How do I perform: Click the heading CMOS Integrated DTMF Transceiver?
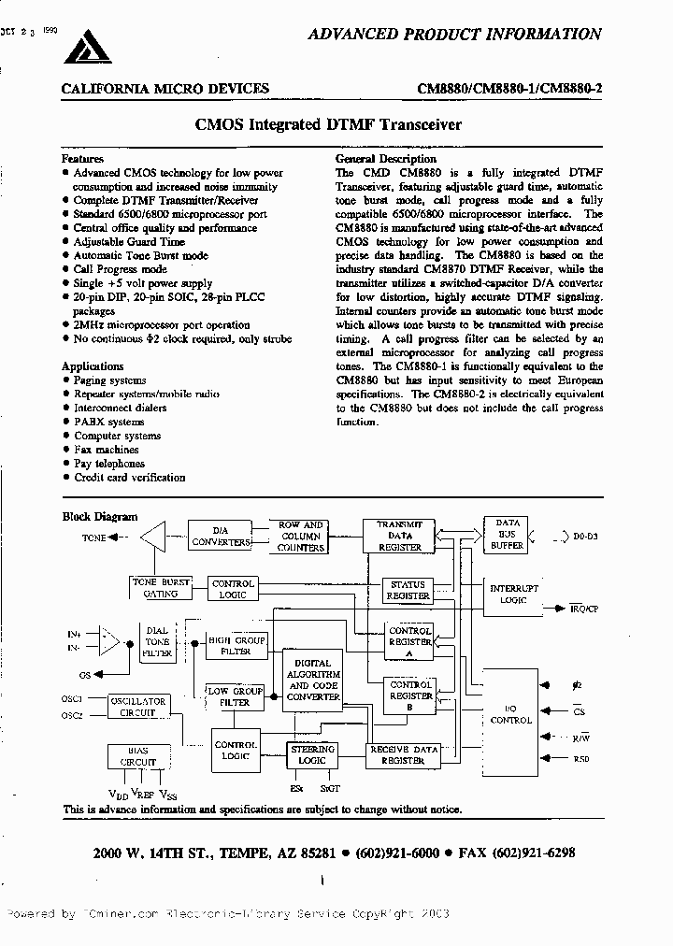[327, 124]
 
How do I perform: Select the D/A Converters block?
[222, 537]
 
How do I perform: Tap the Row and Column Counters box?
[301, 537]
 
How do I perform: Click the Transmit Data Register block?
[399, 537]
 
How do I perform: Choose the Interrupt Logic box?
[513, 594]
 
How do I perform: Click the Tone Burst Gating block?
[161, 587]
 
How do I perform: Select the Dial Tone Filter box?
[157, 643]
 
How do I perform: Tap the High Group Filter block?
[236, 646]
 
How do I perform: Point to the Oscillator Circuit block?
[137, 707]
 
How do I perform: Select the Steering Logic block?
[313, 755]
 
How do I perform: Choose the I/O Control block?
[510, 715]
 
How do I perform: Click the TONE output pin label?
[93, 537]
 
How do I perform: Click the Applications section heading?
[93, 366]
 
